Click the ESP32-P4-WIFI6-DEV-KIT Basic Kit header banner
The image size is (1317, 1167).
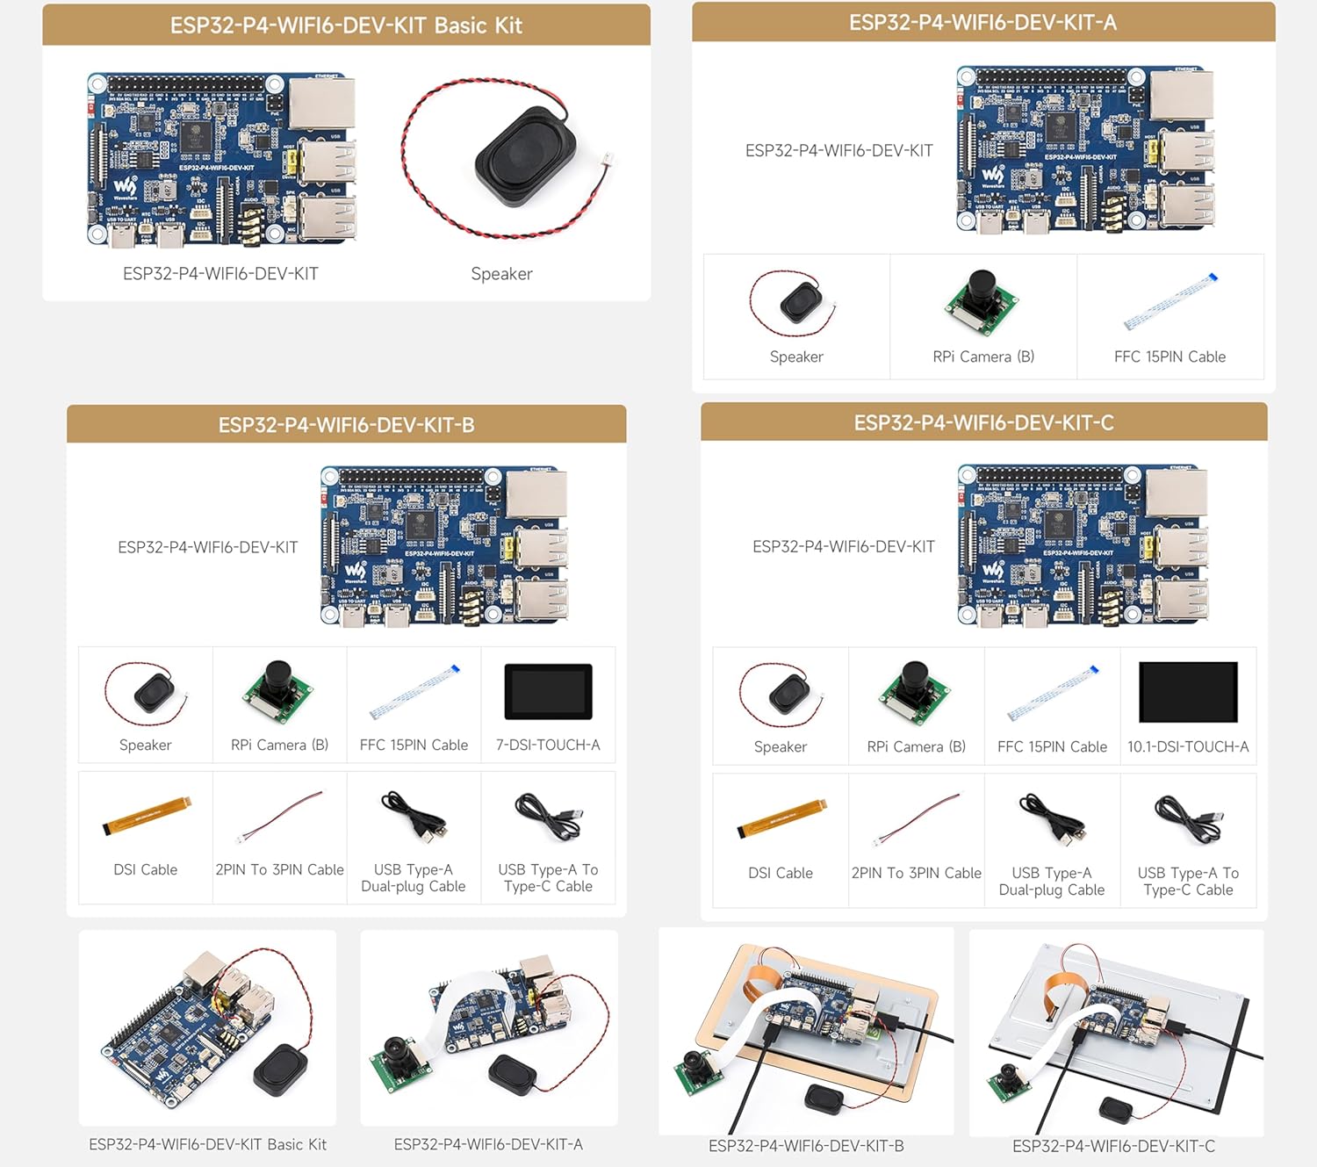[x=346, y=25]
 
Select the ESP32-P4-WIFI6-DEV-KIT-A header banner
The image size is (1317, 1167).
[x=982, y=22]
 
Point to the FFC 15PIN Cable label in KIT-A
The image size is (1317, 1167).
[x=1169, y=357]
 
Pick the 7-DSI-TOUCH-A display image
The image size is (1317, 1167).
[x=548, y=692]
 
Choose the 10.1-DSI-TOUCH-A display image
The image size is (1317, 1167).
[x=1188, y=692]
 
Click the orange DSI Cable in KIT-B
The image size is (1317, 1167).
[x=147, y=815]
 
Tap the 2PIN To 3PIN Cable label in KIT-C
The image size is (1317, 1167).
[x=916, y=873]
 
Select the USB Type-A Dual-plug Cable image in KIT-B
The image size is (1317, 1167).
[x=414, y=815]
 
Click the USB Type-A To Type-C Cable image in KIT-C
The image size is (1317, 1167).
[x=1188, y=818]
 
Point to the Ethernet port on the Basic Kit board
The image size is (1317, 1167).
[x=321, y=104]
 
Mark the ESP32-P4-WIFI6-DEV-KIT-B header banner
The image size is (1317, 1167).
[x=346, y=425]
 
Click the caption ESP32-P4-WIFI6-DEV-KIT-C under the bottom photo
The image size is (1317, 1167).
[x=1113, y=1146]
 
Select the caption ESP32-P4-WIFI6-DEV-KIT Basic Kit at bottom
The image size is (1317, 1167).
[x=207, y=1144]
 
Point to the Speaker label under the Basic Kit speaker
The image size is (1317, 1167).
[x=501, y=274]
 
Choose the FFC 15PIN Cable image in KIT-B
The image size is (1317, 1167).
[x=414, y=692]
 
